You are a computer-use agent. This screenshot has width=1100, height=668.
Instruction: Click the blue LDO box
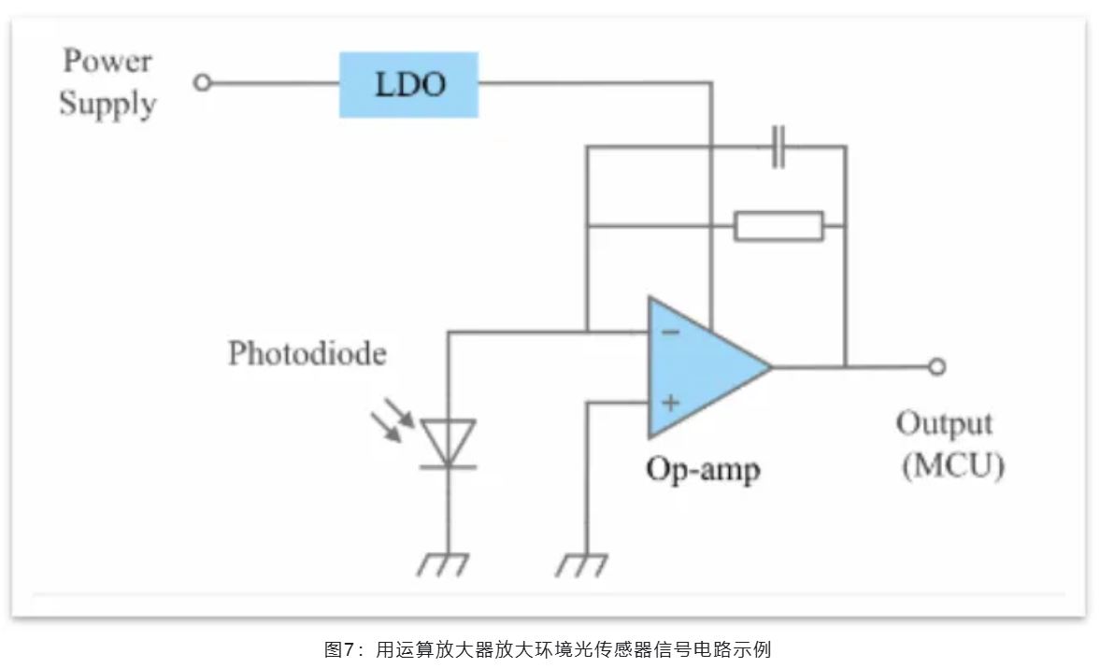(407, 85)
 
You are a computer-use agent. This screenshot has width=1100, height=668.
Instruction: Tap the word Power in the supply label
(107, 62)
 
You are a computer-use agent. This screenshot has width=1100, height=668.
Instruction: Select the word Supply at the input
(107, 104)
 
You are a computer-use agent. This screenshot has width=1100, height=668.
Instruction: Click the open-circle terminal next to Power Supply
(201, 83)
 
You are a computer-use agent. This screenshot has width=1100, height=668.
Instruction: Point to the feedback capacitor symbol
(778, 147)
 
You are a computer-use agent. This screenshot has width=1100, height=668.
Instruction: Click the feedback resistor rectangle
(779, 226)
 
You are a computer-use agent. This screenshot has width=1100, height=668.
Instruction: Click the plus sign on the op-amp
(670, 403)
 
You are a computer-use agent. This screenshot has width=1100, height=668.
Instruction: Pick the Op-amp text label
(703, 467)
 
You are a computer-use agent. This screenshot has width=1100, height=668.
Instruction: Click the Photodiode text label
(307, 354)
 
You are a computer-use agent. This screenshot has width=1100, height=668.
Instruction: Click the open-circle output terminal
(936, 366)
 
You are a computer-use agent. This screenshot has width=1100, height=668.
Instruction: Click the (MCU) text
(952, 465)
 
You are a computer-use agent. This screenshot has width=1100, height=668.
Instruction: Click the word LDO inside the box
(410, 85)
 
